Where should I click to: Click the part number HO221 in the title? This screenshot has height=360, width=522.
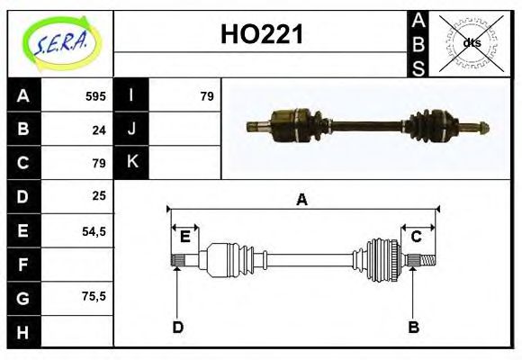[262, 35]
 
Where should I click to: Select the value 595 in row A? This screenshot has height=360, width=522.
[95, 95]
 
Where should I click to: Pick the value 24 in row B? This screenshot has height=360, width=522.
[99, 129]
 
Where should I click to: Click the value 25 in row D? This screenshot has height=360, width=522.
[99, 195]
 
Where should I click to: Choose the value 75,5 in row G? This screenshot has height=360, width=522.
[94, 296]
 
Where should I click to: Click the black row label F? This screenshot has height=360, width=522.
[22, 264]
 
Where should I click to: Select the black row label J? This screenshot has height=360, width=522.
[131, 129]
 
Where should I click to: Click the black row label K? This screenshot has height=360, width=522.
[131, 162]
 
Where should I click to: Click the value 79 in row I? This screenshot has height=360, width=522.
[206, 95]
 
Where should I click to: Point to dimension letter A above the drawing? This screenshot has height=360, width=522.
[302, 200]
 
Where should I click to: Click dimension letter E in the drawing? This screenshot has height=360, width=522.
[185, 237]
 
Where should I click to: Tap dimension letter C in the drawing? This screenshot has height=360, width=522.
[417, 237]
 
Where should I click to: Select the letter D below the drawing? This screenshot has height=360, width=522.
[177, 327]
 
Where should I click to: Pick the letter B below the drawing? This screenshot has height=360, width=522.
[413, 327]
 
